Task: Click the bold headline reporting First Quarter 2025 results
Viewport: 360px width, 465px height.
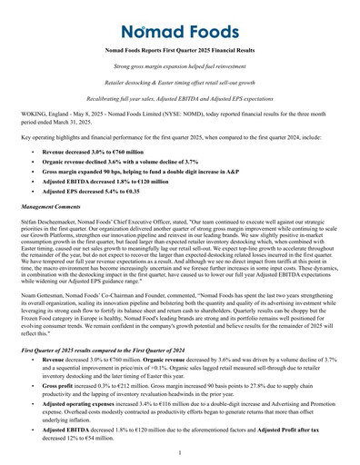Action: [180, 54]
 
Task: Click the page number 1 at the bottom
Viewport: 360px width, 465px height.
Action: [180, 452]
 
